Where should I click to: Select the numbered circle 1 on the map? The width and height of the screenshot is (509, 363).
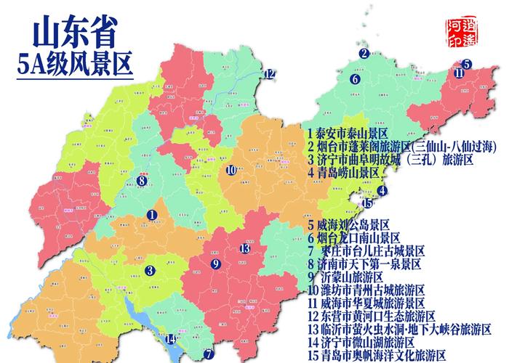click(152, 215)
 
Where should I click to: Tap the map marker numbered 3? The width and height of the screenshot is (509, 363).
click(150, 272)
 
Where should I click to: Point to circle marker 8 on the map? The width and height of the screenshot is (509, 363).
click(142, 181)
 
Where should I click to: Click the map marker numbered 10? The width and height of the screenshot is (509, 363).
click(231, 171)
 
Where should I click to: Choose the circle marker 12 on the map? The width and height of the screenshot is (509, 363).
click(270, 73)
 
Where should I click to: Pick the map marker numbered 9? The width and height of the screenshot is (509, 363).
click(215, 263)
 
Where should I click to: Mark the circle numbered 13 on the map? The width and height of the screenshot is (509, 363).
click(246, 248)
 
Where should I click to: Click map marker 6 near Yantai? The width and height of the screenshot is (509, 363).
click(355, 78)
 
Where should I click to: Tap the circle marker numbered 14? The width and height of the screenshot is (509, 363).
click(171, 339)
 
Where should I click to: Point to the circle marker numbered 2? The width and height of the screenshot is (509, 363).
click(363, 52)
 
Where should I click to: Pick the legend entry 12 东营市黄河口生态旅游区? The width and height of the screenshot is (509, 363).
click(371, 316)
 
